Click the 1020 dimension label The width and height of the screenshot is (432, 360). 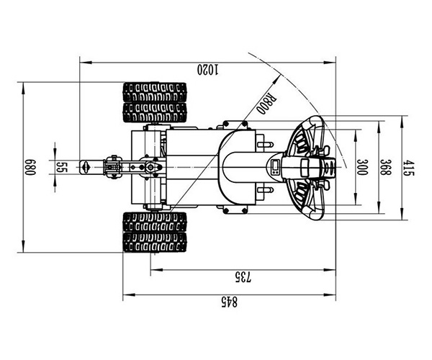click(206, 70)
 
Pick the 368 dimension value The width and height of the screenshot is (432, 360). click(386, 167)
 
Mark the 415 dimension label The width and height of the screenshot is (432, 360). click(408, 167)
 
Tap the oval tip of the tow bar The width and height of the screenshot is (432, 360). click(84, 167)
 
